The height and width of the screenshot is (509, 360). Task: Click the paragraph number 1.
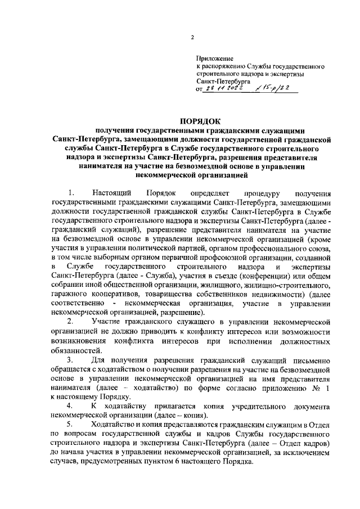pyautogui.click(x=70, y=193)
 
